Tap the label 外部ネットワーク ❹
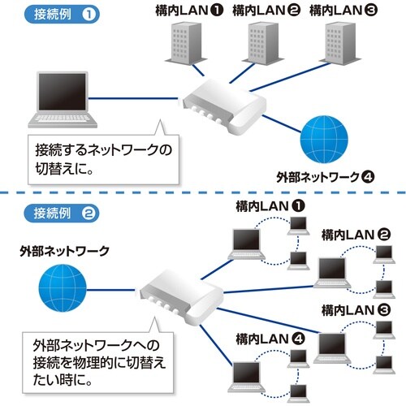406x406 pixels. [x=323, y=175]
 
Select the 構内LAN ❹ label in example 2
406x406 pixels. [x=268, y=337]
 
